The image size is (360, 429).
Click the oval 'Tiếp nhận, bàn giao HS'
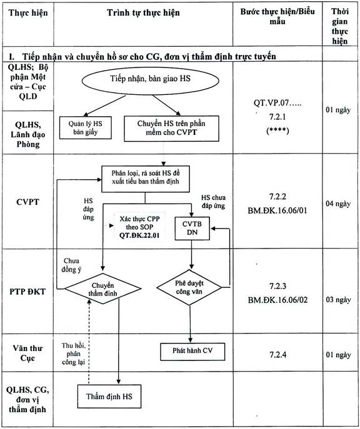pos(150,81)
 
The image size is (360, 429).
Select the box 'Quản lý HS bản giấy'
pos(86,128)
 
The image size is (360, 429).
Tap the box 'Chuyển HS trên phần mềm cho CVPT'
pos(171,128)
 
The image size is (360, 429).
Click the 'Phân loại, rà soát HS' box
pos(146,179)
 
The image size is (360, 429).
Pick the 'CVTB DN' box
pos(192,228)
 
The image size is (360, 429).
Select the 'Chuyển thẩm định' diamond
pos(102,288)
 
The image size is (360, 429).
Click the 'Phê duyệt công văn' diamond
pos(189,287)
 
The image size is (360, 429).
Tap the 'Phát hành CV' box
pos(192,352)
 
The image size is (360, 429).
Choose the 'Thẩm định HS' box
pos(109,397)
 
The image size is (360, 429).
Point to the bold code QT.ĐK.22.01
pos(139,235)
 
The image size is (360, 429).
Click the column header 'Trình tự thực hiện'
pos(143,13)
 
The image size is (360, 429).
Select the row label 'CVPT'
pos(27,202)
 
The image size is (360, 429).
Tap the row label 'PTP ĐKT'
pos(27,292)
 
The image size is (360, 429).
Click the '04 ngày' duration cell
pos(338,204)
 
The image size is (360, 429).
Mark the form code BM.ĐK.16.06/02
pos(277,300)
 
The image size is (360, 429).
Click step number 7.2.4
pos(278,355)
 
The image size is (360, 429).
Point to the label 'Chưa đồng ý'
pos(71,265)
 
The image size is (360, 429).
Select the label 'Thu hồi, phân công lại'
pos(73,354)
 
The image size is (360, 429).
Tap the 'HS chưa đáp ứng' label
pos(213,202)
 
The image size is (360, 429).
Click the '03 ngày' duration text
pos(338,300)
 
